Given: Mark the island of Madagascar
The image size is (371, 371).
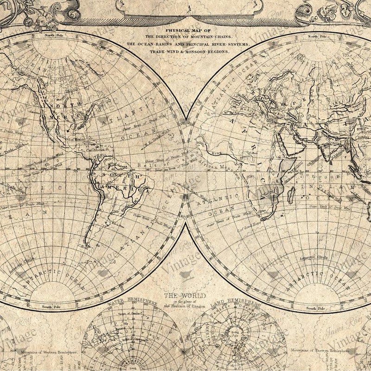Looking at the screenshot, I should click(x=292, y=192).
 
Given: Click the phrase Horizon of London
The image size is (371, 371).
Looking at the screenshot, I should click(x=185, y=306).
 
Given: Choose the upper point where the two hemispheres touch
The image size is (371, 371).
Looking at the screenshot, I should click(x=185, y=122).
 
